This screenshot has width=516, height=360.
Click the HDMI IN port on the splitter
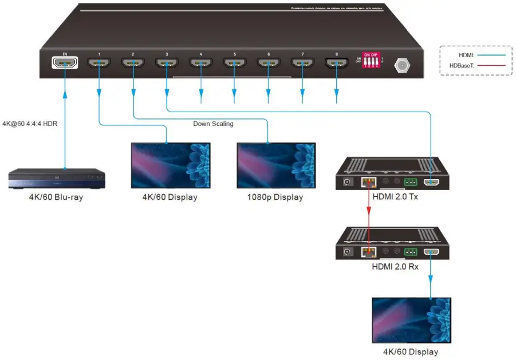pyautogui.click(x=65, y=63)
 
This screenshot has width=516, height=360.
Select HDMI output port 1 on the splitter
pyautogui.click(x=99, y=63)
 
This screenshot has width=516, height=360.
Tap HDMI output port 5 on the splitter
pyautogui.click(x=234, y=63)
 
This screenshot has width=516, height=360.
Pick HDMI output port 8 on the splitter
pyautogui.click(x=336, y=63)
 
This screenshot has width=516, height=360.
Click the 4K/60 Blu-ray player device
pyautogui.click(x=57, y=179)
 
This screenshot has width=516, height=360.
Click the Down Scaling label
pyautogui.click(x=213, y=124)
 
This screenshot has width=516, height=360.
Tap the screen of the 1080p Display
pyautogui.click(x=276, y=165)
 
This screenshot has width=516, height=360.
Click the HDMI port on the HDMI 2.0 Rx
pyautogui.click(x=431, y=251)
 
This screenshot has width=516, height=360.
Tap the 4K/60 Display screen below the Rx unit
pyautogui.click(x=411, y=320)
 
